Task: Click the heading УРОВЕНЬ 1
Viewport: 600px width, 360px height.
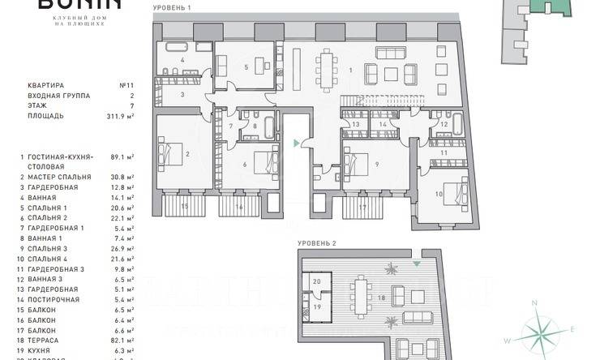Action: click(171, 7)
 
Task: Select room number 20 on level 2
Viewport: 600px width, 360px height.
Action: click(317, 282)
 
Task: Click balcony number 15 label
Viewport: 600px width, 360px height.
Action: click(184, 207)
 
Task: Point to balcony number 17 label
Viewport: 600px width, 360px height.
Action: click(362, 207)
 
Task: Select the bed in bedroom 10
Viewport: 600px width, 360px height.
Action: click(453, 191)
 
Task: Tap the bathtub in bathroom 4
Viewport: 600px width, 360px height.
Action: click(177, 46)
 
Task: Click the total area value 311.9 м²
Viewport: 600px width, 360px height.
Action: click(118, 116)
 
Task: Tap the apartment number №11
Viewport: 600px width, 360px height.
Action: click(126, 84)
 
